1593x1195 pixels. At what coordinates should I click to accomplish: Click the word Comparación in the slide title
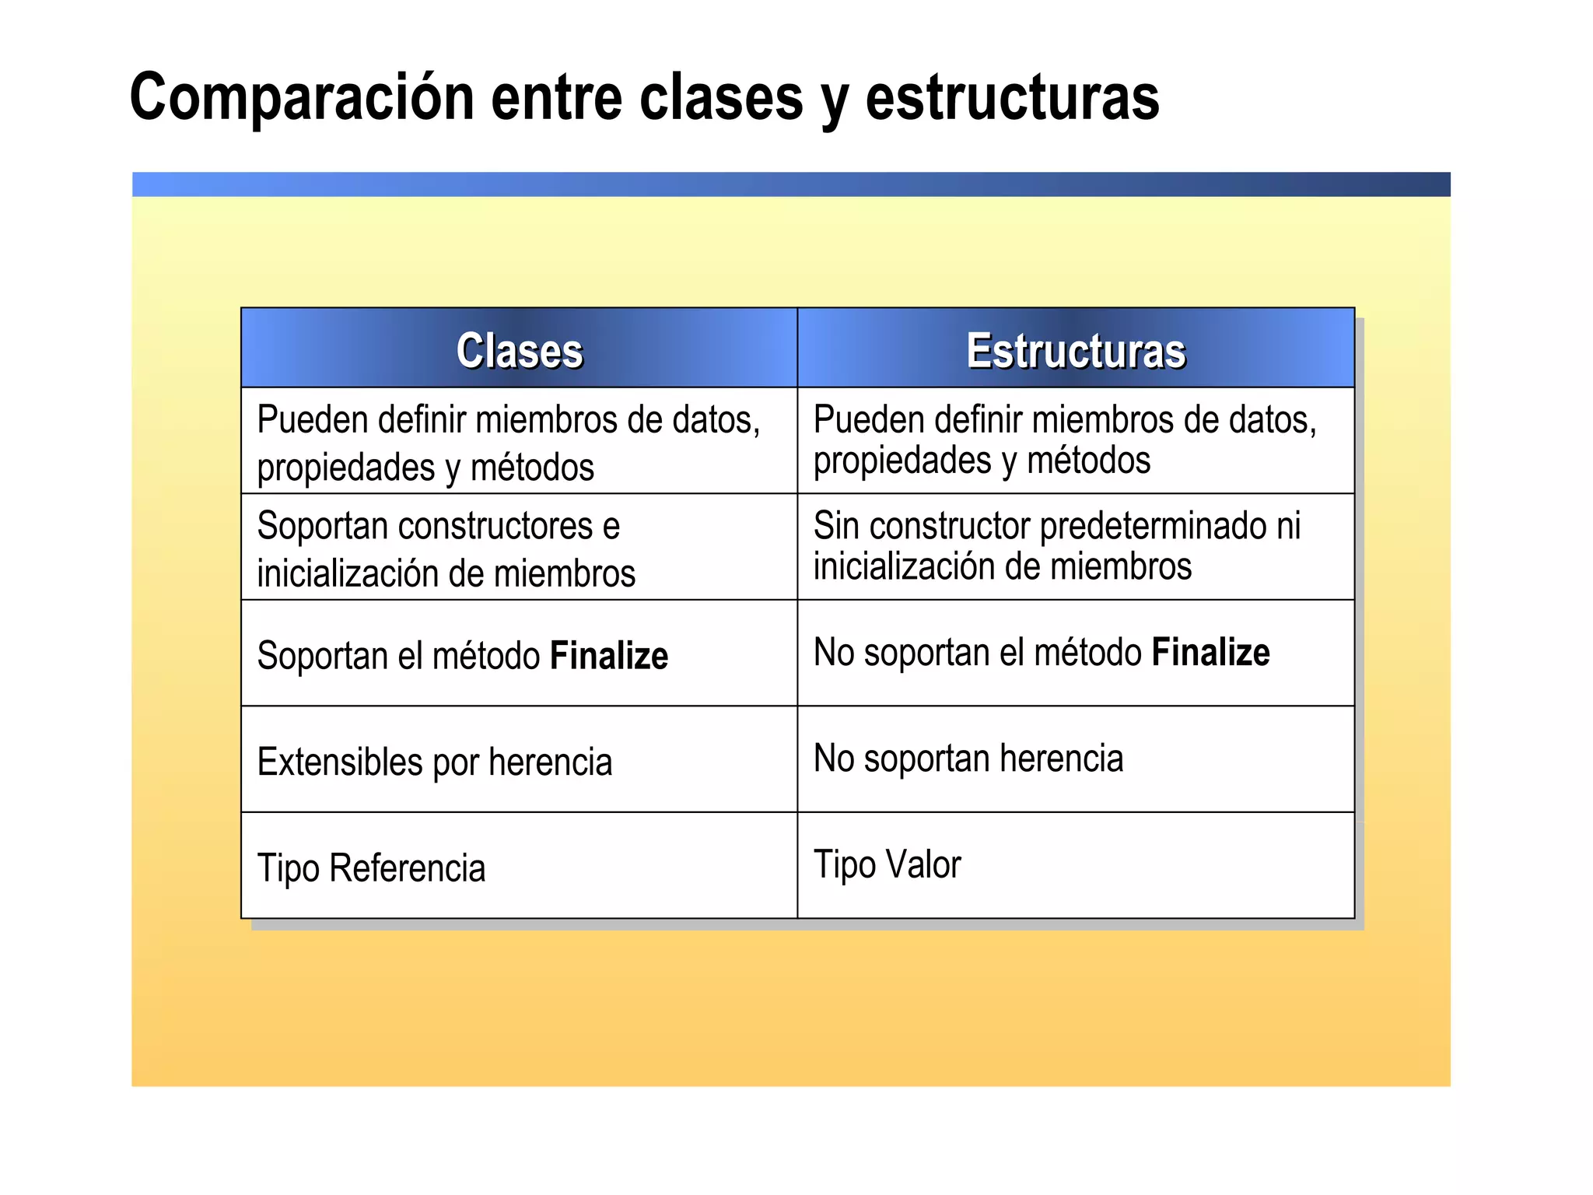tap(302, 97)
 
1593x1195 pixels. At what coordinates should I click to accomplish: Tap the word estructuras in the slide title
tap(1012, 97)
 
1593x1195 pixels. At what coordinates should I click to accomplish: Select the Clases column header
tap(519, 350)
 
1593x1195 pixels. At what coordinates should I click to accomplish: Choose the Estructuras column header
tap(1076, 350)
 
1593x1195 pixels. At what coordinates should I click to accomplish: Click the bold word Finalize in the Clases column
tap(608, 655)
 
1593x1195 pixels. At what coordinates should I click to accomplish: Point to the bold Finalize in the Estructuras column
tap(1210, 652)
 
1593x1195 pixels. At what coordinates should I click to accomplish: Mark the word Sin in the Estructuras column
tap(835, 526)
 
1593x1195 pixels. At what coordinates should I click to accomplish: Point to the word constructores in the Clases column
tap(495, 526)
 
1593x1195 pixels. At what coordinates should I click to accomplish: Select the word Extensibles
tap(339, 762)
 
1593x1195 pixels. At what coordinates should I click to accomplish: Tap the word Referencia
tap(407, 867)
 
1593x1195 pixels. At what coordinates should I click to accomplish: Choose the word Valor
tap(923, 864)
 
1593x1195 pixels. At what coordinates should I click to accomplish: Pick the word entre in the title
tap(556, 97)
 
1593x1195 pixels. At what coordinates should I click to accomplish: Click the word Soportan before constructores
tap(322, 526)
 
